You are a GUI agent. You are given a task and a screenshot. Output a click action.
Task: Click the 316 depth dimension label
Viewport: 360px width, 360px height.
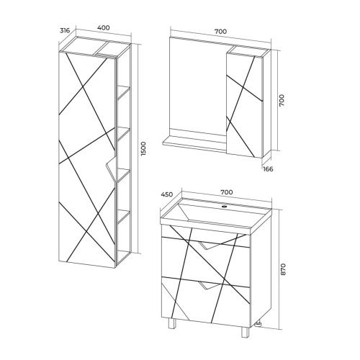tap(65, 30)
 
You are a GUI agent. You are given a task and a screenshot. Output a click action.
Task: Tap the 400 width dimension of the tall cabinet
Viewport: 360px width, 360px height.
tap(104, 27)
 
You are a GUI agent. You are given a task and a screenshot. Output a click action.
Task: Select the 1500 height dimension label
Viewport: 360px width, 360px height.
tap(143, 148)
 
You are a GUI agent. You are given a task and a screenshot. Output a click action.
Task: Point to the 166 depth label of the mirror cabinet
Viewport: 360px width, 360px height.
tap(268, 169)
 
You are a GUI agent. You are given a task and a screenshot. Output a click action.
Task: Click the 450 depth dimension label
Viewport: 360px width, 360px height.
tap(167, 194)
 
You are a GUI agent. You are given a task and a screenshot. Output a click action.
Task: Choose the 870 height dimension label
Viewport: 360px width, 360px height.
tap(284, 269)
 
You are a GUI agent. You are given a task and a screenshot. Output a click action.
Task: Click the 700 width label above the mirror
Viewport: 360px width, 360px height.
tap(220, 32)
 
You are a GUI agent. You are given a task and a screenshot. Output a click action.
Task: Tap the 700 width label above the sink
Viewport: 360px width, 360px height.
tap(227, 192)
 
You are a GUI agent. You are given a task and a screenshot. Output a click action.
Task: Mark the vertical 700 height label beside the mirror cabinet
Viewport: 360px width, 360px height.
tap(282, 101)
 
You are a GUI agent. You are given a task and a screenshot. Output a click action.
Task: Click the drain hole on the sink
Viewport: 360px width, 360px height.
tap(225, 206)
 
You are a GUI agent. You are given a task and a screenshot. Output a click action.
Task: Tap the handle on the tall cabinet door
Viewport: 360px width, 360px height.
tap(111, 168)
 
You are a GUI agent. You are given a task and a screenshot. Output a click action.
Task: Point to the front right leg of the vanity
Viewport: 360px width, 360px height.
tap(246, 332)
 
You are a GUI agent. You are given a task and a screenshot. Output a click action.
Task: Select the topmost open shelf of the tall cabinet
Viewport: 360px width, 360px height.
tap(123, 91)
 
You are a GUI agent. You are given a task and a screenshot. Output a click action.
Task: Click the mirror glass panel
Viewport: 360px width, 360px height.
tap(198, 87)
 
